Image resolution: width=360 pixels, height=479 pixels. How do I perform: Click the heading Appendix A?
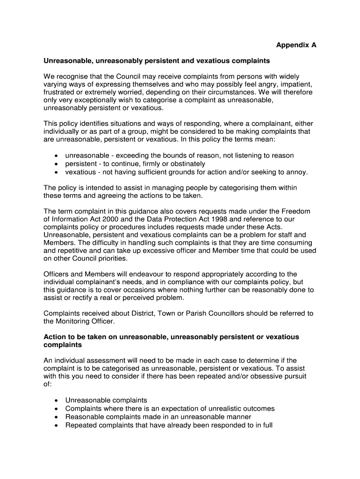pyautogui.click(x=296, y=45)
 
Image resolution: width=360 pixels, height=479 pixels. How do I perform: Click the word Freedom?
pyautogui.click(x=294, y=211)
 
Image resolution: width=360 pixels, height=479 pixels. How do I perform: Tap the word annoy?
pyautogui.click(x=296, y=172)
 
